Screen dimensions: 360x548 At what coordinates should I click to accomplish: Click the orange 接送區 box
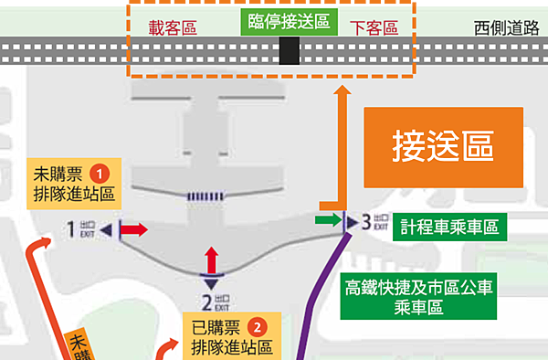[x=443, y=145]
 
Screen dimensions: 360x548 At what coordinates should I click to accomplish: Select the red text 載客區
[x=174, y=27]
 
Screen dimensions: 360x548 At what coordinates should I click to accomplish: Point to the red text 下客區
[x=374, y=27]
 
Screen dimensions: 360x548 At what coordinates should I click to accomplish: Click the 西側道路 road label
[x=505, y=27]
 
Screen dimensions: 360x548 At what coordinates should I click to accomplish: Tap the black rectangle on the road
[x=290, y=51]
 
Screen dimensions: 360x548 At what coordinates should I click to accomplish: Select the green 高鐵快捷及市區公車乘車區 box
[x=418, y=296]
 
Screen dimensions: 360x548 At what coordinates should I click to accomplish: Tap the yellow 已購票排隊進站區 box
[x=231, y=336]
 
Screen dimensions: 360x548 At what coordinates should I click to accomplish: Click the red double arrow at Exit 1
[x=132, y=229]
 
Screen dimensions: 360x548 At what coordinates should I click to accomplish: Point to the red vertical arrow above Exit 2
[x=212, y=257]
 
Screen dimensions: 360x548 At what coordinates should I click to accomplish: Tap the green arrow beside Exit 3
[x=325, y=219]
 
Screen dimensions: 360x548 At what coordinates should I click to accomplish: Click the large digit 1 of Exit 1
[x=70, y=229]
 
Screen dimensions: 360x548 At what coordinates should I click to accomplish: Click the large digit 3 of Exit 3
[x=365, y=220]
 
